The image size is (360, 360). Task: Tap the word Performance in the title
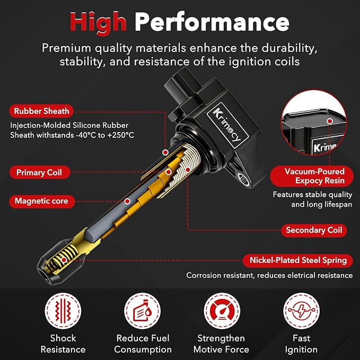pyautogui.click(x=212, y=22)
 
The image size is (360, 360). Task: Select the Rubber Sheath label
pyautogui.click(x=41, y=111)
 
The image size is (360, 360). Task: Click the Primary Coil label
pyautogui.click(x=39, y=172)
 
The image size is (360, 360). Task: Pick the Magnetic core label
pyautogui.click(x=42, y=201)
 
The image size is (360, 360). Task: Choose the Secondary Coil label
pyautogui.click(x=314, y=230)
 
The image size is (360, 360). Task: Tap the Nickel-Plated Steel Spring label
pyautogui.click(x=298, y=260)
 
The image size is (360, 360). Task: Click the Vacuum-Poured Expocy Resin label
pyautogui.click(x=312, y=176)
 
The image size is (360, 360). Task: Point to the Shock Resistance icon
pyautogui.click(x=63, y=311)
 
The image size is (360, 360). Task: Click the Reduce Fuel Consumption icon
pyautogui.click(x=142, y=311)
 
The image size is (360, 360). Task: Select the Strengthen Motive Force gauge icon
pyautogui.click(x=222, y=311)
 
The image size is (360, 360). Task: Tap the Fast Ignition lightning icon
pyautogui.click(x=301, y=311)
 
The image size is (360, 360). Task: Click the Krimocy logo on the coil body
pyautogui.click(x=227, y=125)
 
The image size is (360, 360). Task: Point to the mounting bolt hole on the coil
pyautogui.click(x=244, y=179)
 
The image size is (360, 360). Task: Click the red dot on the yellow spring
pyautogui.click(x=64, y=260)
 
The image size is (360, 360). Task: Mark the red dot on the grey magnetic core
pyautogui.click(x=127, y=201)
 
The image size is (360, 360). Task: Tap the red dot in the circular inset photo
pyautogui.click(x=330, y=121)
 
